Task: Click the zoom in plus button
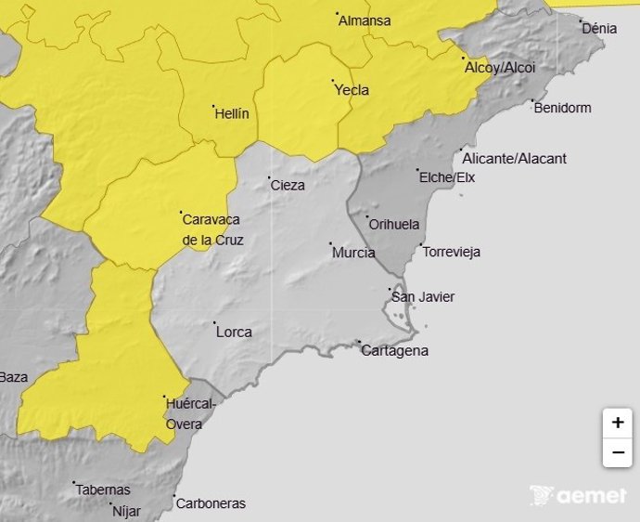coord(617,423)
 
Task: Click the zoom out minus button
coord(617,453)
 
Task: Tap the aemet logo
coord(578,497)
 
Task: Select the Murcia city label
coord(353,253)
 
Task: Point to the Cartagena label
coord(394,350)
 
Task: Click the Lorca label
coord(233,332)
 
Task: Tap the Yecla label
coord(352,90)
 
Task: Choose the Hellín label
coord(232,113)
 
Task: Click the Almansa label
coord(365,20)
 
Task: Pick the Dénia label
coord(599,29)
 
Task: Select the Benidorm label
coord(562,108)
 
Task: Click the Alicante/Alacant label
coord(514,159)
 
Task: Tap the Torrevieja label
coord(451,252)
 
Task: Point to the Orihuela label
coord(394,225)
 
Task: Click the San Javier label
coord(423,297)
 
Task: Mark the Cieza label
coord(287,185)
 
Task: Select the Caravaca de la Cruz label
coord(211,229)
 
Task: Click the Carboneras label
coord(211,503)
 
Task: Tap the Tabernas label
coord(103,489)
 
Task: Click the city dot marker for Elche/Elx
coord(417,170)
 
